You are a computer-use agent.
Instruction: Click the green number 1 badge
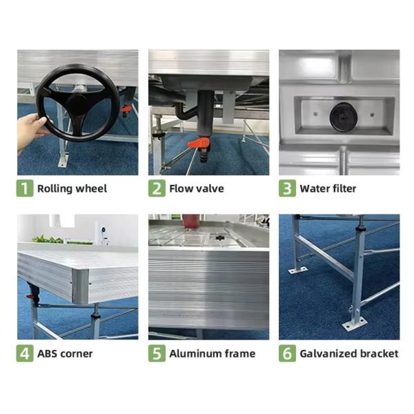(x=25, y=188)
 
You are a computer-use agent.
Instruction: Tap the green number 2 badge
(x=157, y=188)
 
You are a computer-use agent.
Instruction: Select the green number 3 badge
(x=287, y=188)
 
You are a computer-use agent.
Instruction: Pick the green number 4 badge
(x=25, y=353)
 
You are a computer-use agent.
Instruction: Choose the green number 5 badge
(x=157, y=353)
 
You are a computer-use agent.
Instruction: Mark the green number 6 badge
(x=287, y=353)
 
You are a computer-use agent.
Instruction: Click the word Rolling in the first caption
(x=55, y=189)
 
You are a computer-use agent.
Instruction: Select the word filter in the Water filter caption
(x=343, y=189)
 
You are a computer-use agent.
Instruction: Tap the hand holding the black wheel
(x=31, y=130)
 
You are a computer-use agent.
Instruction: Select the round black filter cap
(x=344, y=117)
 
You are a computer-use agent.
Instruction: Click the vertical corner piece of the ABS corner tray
(x=80, y=286)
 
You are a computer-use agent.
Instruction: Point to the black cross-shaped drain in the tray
(x=219, y=237)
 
